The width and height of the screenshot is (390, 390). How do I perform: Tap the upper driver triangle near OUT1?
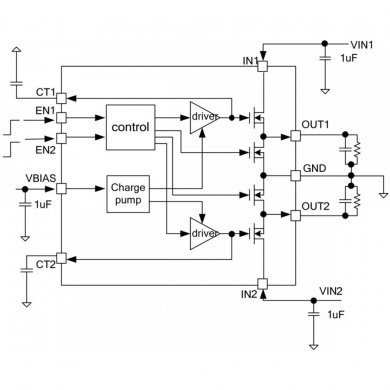tap(203, 118)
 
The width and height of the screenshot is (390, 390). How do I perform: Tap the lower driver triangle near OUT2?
tap(203, 233)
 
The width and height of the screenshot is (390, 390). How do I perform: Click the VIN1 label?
tap(361, 45)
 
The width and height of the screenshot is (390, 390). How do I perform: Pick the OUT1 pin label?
tap(315, 125)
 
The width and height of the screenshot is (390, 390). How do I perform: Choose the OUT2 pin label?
tap(315, 207)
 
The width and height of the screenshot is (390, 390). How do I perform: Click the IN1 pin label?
tap(249, 62)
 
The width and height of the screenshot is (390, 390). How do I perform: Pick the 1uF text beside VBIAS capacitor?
tap(42, 204)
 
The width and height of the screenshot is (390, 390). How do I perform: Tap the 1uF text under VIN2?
tap(336, 315)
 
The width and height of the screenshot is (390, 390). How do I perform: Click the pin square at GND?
tap(295, 176)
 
